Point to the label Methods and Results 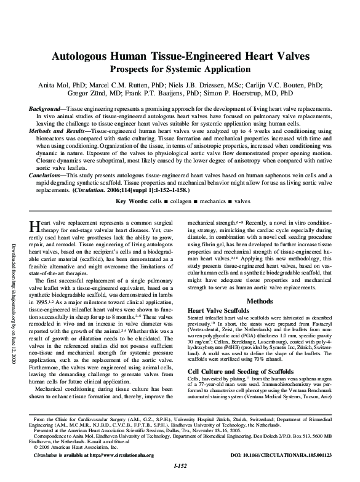(x=56, y=131)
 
